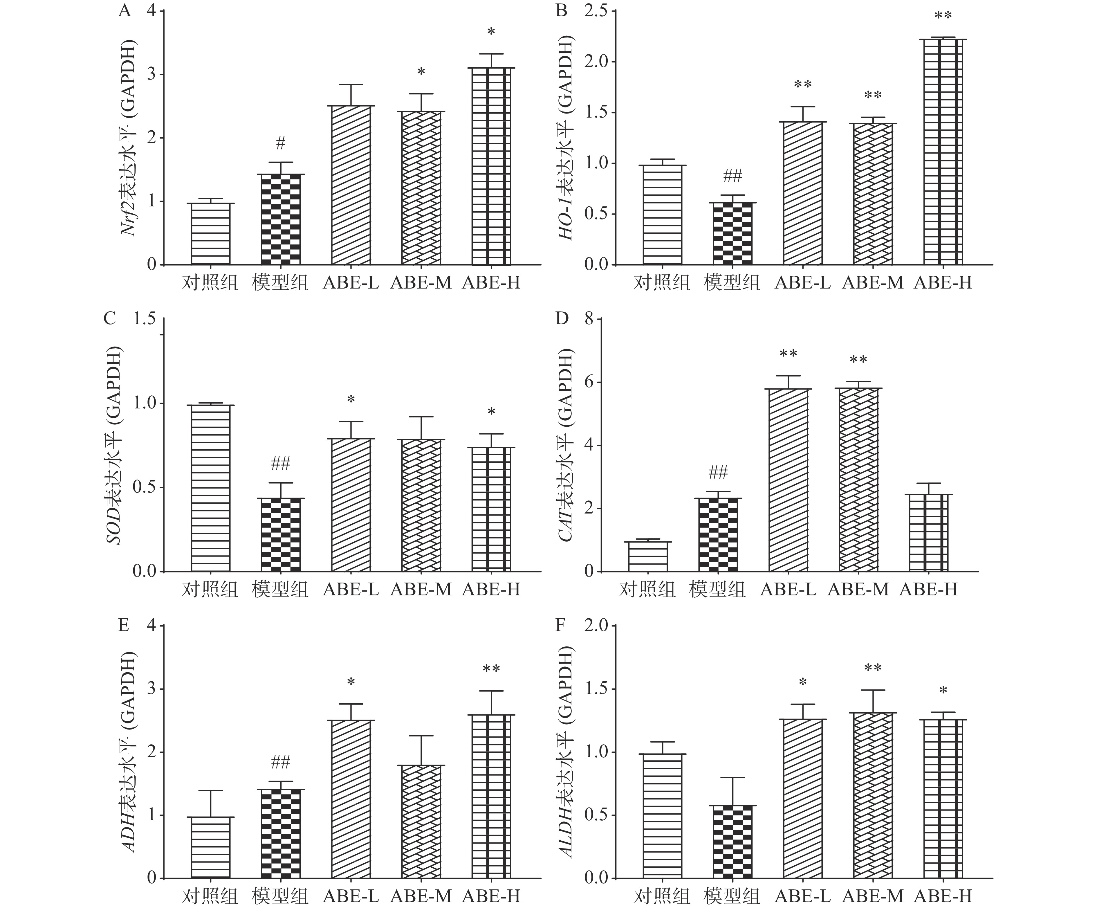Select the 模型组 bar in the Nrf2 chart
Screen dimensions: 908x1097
tap(281, 219)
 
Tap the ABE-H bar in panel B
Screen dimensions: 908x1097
tap(943, 152)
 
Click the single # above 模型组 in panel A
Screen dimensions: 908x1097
tap(281, 142)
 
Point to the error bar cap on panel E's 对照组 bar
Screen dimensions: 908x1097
tap(210, 791)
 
